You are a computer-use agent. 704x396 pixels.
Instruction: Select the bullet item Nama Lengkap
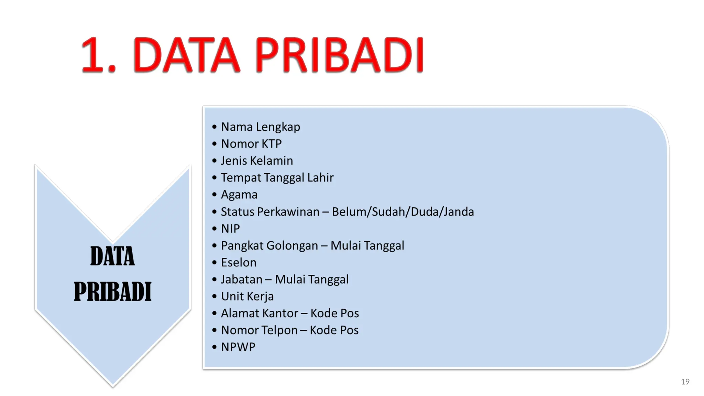[260, 127]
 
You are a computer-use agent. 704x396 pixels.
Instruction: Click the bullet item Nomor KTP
[251, 144]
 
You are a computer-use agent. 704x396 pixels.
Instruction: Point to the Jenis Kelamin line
[257, 161]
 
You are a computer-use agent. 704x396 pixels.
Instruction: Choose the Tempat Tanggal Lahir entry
[277, 177]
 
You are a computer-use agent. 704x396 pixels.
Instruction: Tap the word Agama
[239, 195]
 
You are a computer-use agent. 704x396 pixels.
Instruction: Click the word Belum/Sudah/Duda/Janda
[403, 212]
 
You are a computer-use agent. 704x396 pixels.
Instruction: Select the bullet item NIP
[230, 229]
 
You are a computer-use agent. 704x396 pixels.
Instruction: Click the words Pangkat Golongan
[269, 245]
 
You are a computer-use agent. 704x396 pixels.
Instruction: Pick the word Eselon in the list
[239, 263]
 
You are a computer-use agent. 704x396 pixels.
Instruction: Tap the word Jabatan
[242, 279]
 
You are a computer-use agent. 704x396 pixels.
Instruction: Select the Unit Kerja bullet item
[247, 296]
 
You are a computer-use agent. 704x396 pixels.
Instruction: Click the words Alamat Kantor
[260, 313]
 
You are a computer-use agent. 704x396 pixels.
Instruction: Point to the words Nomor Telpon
[259, 330]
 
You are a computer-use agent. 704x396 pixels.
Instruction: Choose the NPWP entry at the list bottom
[238, 347]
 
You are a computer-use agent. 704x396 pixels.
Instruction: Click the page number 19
[685, 382]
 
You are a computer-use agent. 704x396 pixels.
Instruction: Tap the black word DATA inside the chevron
[112, 256]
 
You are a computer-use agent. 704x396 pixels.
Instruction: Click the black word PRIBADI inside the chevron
[112, 291]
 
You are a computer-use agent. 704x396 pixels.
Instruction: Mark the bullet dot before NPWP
[214, 347]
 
